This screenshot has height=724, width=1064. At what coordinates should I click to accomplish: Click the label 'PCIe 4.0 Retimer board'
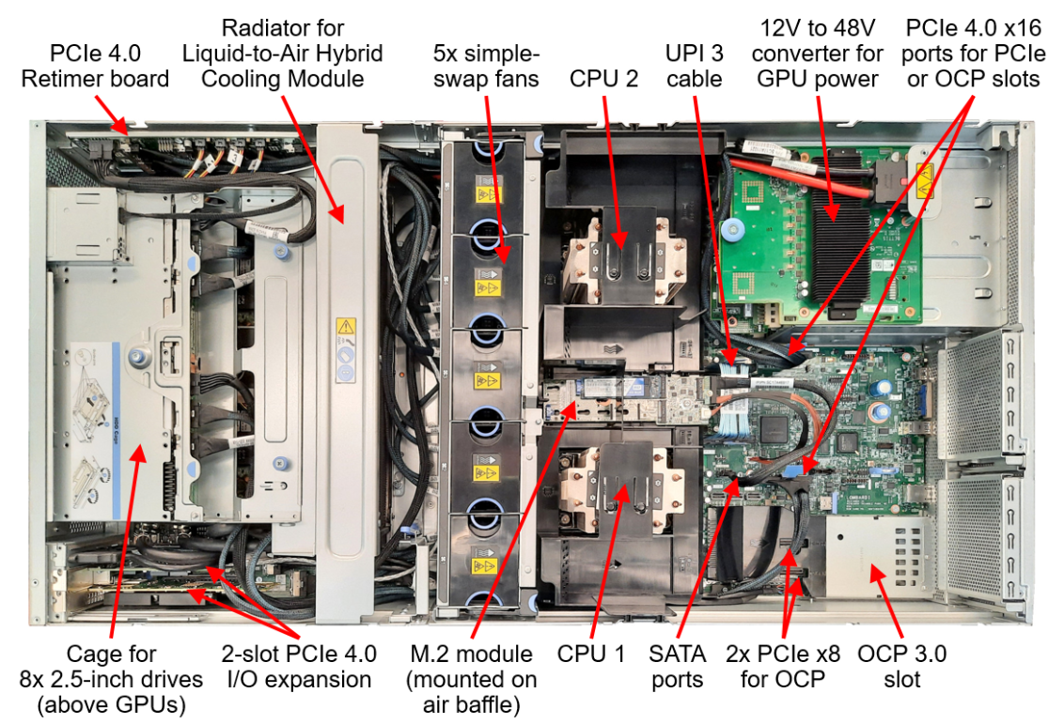[x=95, y=66]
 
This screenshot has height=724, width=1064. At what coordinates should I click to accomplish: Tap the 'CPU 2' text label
[x=603, y=78]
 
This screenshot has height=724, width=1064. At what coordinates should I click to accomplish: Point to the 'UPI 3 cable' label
[x=695, y=66]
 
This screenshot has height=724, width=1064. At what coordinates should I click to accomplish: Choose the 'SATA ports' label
[x=677, y=666]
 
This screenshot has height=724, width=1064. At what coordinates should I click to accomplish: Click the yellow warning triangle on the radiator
[x=346, y=328]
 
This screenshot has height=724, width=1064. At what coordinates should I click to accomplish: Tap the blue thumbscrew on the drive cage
[x=137, y=356]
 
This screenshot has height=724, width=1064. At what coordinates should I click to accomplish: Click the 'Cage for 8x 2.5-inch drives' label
[x=111, y=678]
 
